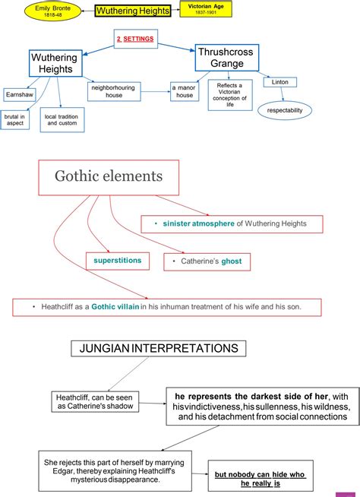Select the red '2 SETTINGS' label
tap(135, 38)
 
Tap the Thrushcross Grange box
tap(227, 57)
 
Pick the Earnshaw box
tap(16, 95)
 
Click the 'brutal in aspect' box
tap(16, 120)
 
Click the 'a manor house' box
tap(185, 91)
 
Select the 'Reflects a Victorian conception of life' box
tap(229, 94)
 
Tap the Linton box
tap(279, 81)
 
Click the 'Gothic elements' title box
tap(108, 176)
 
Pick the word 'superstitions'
tap(118, 261)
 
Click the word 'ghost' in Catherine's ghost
tap(232, 261)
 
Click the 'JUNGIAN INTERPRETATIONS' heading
tap(159, 349)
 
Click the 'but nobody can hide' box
tap(260, 479)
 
